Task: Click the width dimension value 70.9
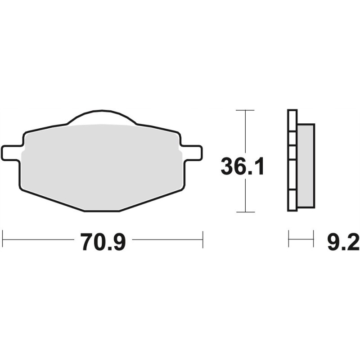tap(103, 242)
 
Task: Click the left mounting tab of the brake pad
tap(12, 152)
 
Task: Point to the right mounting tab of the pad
tap(191, 152)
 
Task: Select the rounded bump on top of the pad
tap(102, 116)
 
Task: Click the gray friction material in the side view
tap(306, 166)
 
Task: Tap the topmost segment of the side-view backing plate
tap(292, 120)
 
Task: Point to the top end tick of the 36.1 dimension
tap(245, 110)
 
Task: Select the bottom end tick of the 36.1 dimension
tap(245, 211)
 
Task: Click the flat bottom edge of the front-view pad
tap(102, 210)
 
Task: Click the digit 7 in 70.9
tap(87, 242)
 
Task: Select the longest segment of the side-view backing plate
tap(292, 175)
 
